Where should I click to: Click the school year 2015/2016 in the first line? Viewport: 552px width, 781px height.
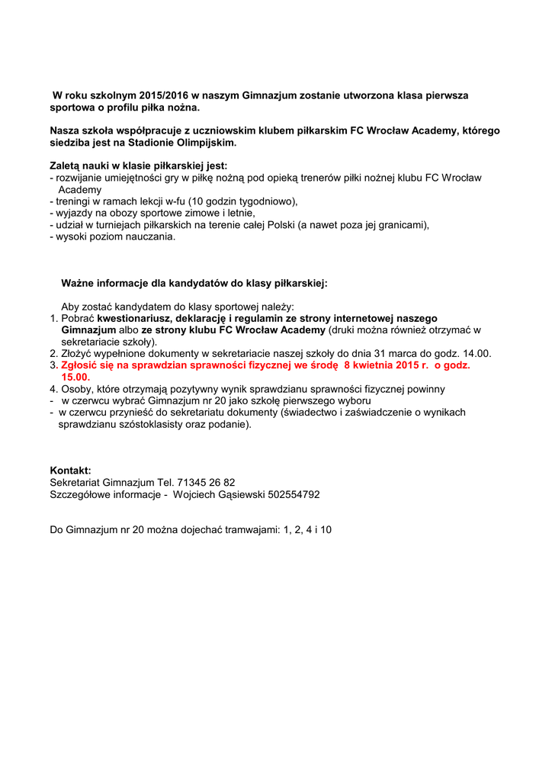coord(163,96)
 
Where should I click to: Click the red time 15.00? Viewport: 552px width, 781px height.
coord(75,377)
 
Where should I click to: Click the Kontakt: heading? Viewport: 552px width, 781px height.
coord(70,471)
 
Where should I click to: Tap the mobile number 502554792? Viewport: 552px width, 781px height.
coord(294,494)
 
